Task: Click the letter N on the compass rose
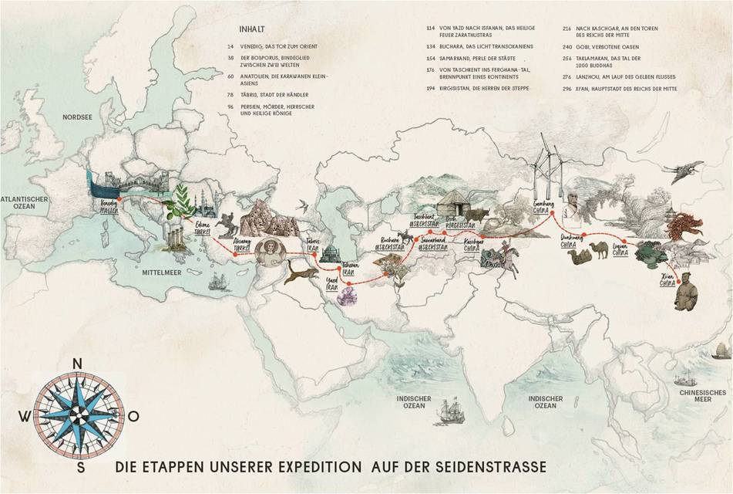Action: tap(78, 364)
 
